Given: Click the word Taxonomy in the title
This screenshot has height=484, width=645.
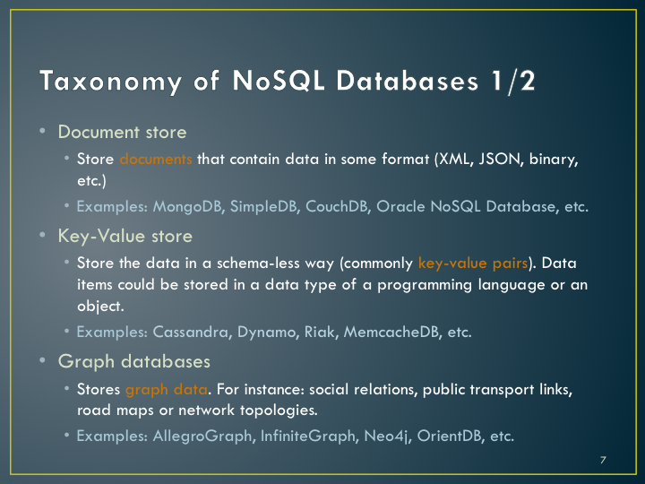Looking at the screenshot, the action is coord(110,81).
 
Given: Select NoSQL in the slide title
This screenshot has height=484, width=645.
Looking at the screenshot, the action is coord(279,80).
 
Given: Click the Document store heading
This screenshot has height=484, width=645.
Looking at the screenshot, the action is coord(122,132).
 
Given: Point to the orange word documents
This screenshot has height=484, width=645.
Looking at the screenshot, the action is coord(156,159).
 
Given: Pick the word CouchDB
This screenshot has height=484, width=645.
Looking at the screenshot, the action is coord(338,207).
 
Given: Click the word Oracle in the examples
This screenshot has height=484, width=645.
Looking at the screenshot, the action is coord(400,206).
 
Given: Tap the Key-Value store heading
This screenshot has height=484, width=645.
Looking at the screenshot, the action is coord(125,237).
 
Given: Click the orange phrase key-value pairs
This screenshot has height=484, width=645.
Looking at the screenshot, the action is coord(473,263).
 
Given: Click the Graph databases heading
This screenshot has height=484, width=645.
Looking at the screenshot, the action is coord(134,362).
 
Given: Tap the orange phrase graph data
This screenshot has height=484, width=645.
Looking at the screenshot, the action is coord(167,389).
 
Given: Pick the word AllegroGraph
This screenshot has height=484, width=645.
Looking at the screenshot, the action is coord(202,436).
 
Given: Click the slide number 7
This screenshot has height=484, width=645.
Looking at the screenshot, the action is coord(603,460).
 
